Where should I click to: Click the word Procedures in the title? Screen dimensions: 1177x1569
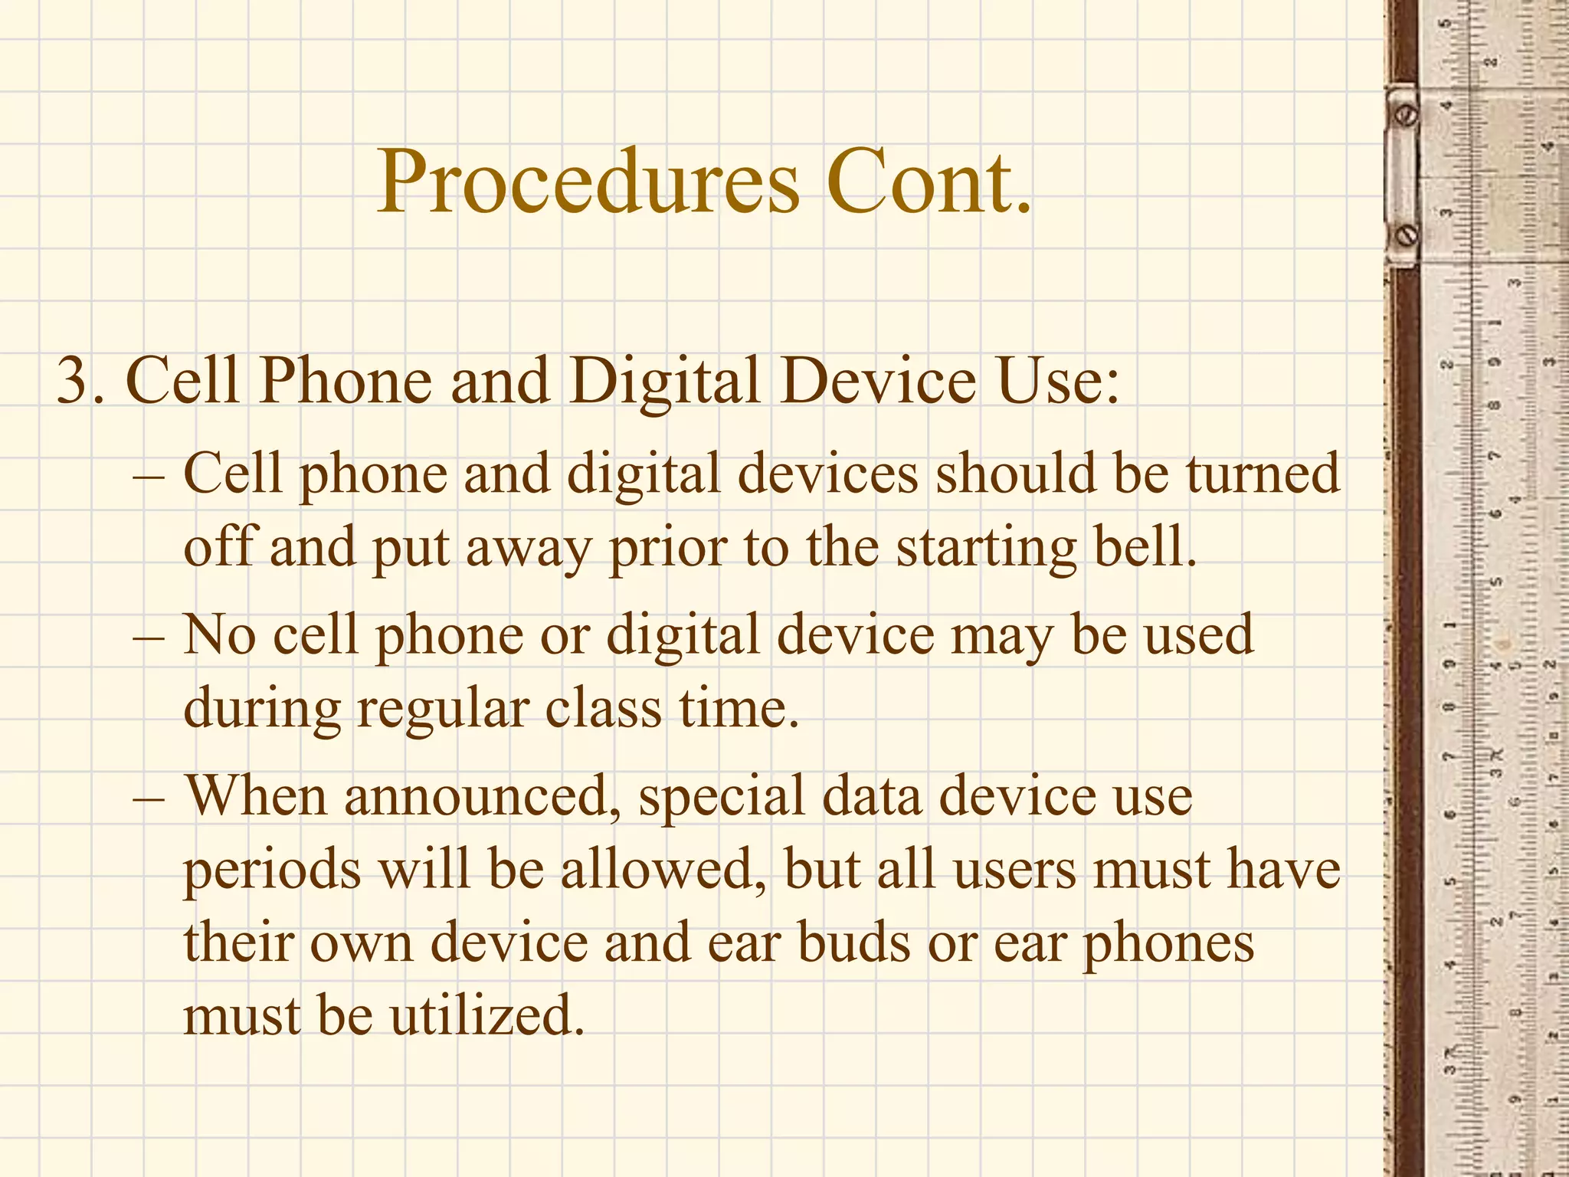[x=588, y=184]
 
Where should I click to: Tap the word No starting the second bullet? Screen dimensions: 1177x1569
[x=219, y=635]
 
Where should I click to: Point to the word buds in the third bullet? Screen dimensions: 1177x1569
[x=853, y=943]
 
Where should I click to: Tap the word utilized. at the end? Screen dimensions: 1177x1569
[x=487, y=1016]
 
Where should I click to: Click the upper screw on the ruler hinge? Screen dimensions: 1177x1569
[x=1407, y=115]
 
